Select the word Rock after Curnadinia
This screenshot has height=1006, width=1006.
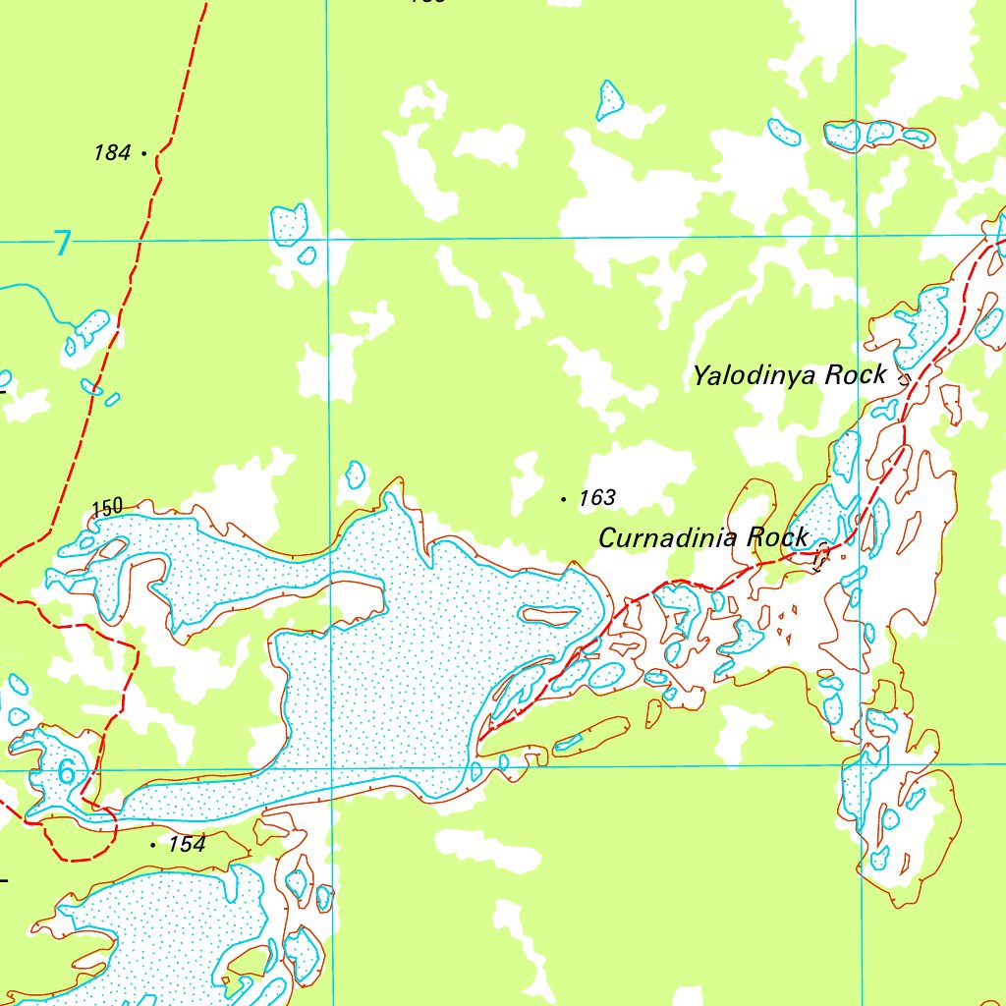pyautogui.click(x=777, y=537)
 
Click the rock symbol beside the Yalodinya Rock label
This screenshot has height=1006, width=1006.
pyautogui.click(x=904, y=376)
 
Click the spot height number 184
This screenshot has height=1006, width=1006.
pyautogui.click(x=112, y=152)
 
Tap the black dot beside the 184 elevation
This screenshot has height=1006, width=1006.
pyautogui.click(x=144, y=153)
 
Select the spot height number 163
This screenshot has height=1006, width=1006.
pyautogui.click(x=596, y=498)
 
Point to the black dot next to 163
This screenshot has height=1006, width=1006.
pyautogui.click(x=563, y=499)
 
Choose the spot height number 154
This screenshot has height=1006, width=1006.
pyautogui.click(x=187, y=844)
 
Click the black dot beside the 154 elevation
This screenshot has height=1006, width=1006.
pyautogui.click(x=153, y=844)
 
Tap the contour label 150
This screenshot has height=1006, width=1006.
pyautogui.click(x=107, y=507)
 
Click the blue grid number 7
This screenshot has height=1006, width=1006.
pyautogui.click(x=63, y=242)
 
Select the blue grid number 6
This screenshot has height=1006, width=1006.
pyautogui.click(x=66, y=772)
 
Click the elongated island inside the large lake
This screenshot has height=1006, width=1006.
pyautogui.click(x=550, y=616)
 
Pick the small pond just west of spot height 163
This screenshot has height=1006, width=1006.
pyautogui.click(x=355, y=475)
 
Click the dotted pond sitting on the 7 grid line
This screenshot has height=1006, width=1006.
pyautogui.click(x=289, y=226)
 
